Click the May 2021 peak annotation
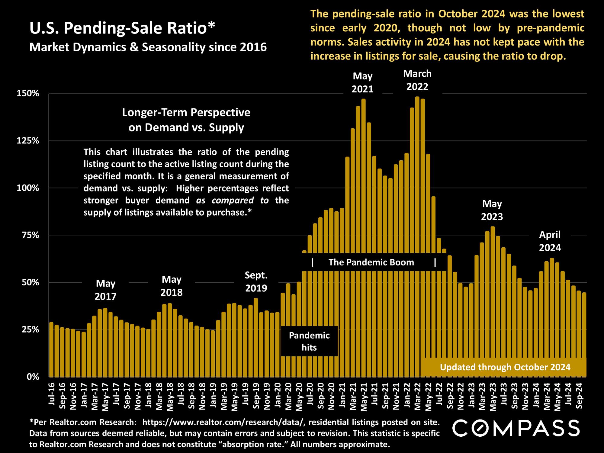coord(362,82)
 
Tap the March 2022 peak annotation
coord(417,80)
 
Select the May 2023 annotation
coord(492,210)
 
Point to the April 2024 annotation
coord(550,241)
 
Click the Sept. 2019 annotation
coord(256,281)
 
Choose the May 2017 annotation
coord(105,290)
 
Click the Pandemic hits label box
coord(309,341)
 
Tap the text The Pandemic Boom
coord(371,262)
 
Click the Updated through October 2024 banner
coord(505,367)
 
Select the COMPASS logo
coord(516,428)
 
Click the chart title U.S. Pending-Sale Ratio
coord(122,29)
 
